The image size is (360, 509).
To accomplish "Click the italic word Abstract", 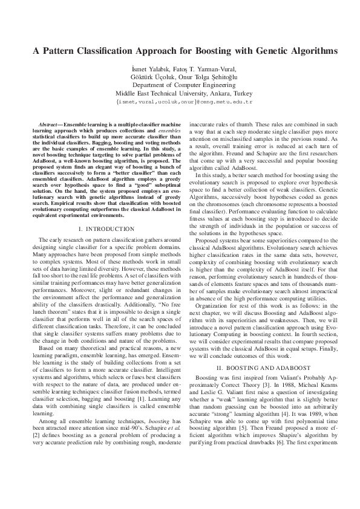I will tap(49, 122).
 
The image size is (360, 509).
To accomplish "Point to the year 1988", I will tap(289, 385).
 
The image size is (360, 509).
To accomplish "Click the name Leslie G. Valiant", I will tap(217, 392).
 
